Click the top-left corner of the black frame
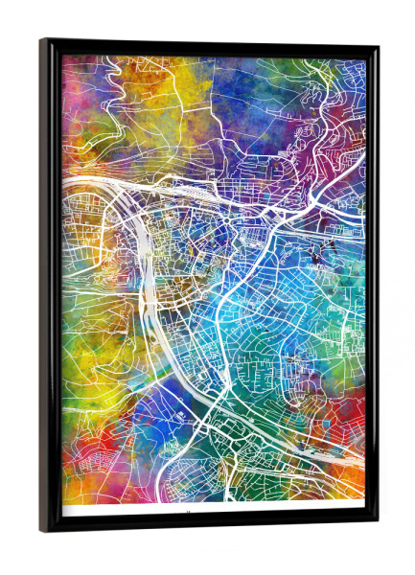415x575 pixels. [x=41, y=40]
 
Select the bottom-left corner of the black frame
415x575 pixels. [x=41, y=532]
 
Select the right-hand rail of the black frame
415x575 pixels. [x=372, y=287]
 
